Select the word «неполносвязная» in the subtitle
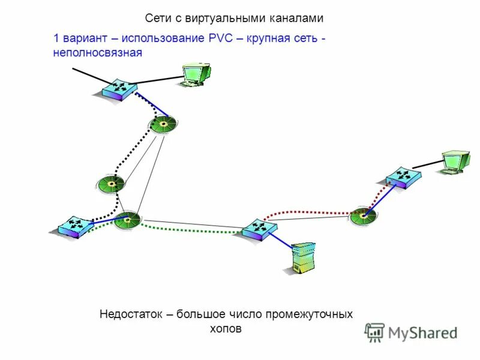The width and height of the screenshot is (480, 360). (x=98, y=53)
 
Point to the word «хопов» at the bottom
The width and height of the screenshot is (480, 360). (x=226, y=329)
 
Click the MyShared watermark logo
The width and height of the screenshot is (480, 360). (x=412, y=332)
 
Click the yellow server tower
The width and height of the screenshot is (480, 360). (x=302, y=258)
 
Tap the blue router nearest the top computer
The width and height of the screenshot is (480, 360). (x=119, y=89)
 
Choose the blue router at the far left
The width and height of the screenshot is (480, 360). (x=75, y=226)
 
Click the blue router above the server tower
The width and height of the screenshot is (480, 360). (x=259, y=229)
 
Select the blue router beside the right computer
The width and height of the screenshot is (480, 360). (x=403, y=176)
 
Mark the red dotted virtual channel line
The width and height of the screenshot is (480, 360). (x=312, y=211)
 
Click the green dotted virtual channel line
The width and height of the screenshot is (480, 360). (x=192, y=230)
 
